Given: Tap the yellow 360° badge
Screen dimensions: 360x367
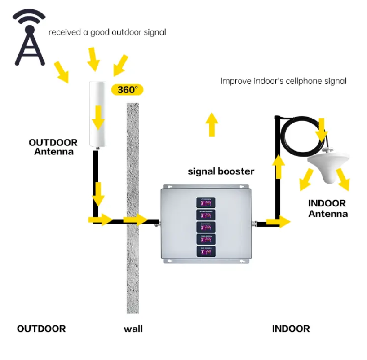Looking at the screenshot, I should [127, 89].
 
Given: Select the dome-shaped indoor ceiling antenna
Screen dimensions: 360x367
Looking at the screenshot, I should [328, 168].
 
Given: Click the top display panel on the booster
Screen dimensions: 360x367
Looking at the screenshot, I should [205, 202].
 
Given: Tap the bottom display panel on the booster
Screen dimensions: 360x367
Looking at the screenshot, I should [205, 251].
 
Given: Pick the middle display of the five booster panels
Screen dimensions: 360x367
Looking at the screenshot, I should [205, 227].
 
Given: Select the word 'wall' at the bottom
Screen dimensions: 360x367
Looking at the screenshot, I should [133, 329].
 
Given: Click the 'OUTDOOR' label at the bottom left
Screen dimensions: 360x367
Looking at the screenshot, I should [41, 329].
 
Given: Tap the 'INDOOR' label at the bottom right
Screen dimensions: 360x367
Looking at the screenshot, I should [291, 329].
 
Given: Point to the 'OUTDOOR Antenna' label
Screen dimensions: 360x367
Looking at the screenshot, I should [53, 147].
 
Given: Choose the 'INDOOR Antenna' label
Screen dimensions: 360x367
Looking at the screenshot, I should [327, 208].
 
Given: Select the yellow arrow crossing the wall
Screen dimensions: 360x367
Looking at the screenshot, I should [135, 220].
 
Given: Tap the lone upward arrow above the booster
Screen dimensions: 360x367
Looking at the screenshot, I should [211, 124].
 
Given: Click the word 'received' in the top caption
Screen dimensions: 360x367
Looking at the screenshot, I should [62, 32].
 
